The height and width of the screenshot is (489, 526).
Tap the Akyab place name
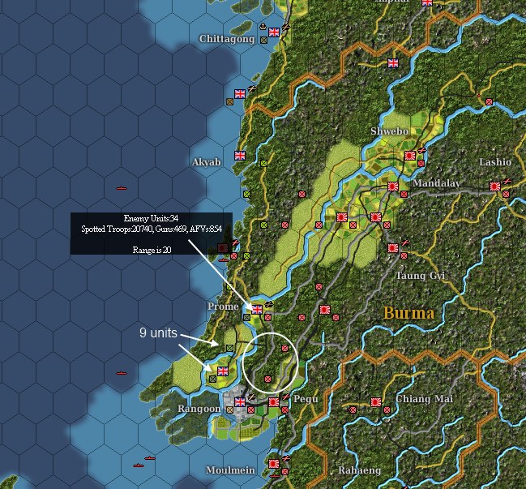tap(206, 162)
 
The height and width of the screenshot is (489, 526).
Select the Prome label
tap(223, 307)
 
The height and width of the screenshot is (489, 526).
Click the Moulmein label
tap(231, 470)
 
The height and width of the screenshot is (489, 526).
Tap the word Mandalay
tap(436, 183)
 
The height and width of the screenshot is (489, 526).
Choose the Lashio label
tap(495, 162)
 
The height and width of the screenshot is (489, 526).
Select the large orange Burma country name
tap(408, 313)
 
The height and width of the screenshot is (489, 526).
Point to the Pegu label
tap(306, 400)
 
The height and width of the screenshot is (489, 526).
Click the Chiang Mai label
tap(425, 399)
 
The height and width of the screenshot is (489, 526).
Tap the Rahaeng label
tap(359, 470)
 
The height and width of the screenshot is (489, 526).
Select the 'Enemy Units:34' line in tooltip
tap(151, 219)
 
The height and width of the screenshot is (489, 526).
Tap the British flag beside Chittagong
tap(273, 32)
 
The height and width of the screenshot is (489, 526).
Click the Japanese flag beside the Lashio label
tap(495, 187)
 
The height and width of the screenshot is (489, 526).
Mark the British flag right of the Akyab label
tap(239, 156)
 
